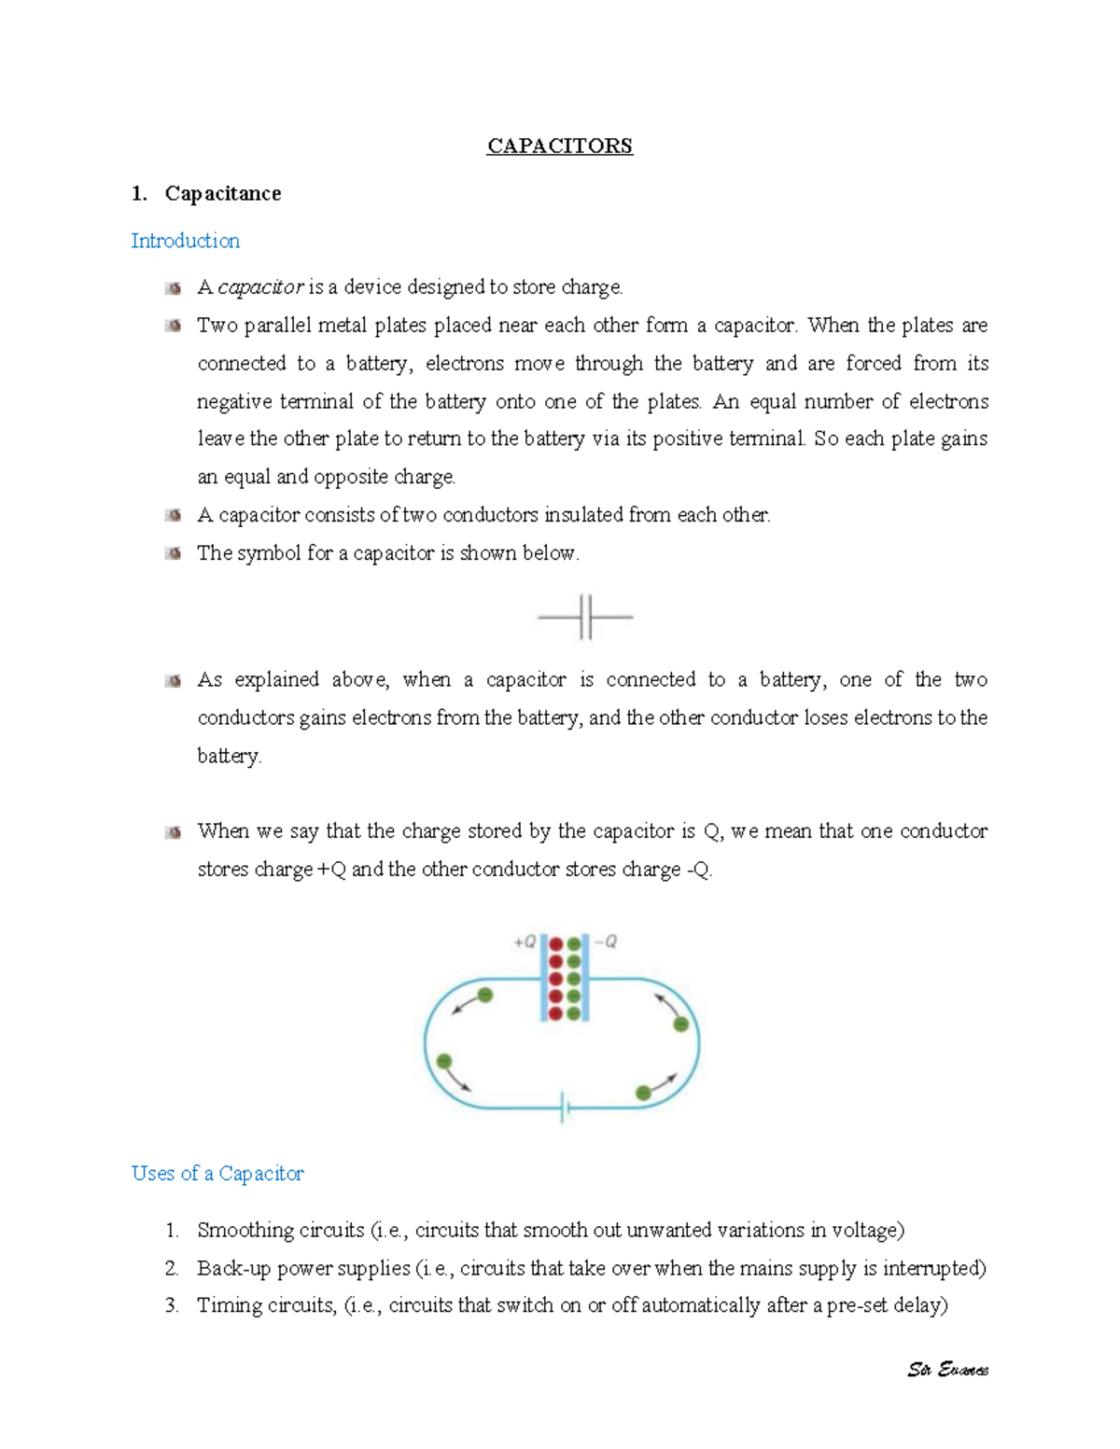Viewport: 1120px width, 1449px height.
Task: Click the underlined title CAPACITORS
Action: coord(559,146)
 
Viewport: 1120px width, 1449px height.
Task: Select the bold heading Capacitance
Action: coord(222,193)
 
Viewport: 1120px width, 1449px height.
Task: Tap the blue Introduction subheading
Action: coord(185,241)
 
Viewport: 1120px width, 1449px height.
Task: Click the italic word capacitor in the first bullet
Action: coord(260,287)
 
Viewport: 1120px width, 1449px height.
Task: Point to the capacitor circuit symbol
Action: coord(585,617)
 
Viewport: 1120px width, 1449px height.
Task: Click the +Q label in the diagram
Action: coord(525,941)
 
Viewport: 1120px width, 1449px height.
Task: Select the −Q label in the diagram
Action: coord(606,941)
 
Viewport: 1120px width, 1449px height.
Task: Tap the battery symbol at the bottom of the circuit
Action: coord(564,1108)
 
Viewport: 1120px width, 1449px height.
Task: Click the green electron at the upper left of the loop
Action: coord(485,996)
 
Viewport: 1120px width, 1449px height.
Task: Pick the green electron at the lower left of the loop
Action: coord(444,1062)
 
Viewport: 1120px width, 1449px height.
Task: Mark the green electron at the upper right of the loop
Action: coord(681,1024)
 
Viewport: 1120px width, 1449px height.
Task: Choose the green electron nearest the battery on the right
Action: coord(643,1093)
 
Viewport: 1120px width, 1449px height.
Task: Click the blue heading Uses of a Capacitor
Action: coord(217,1174)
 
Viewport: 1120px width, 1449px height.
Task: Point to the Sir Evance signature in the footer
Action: coord(947,1370)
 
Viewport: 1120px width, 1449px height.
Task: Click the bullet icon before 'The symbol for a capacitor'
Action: coord(173,553)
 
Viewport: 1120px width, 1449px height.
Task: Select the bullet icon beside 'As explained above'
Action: coord(173,681)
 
